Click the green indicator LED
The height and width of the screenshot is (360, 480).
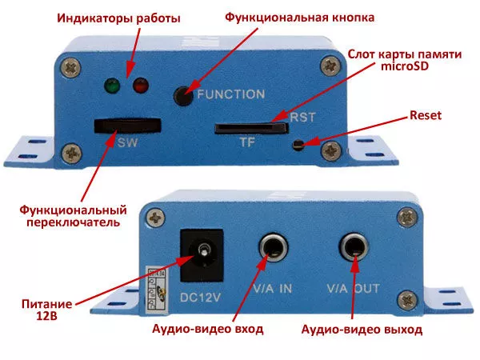[112, 86]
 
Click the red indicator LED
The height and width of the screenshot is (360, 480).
[141, 86]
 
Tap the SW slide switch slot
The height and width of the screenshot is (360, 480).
[128, 126]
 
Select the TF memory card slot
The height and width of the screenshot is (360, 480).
[251, 128]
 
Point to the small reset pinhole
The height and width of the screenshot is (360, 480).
[298, 145]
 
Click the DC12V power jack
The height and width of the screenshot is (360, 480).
[202, 256]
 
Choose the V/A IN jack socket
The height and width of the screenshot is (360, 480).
[274, 248]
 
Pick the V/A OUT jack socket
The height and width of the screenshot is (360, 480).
[354, 247]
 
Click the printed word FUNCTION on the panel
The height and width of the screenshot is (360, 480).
[231, 94]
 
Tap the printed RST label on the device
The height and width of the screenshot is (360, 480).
[302, 118]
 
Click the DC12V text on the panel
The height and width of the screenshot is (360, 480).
[200, 298]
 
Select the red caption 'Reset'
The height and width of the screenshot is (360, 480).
[426, 115]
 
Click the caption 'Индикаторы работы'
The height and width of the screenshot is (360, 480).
[118, 18]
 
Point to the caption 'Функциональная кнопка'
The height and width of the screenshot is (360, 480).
[300, 18]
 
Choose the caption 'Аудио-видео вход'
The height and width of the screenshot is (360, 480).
[208, 329]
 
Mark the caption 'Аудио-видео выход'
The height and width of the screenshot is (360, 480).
[362, 330]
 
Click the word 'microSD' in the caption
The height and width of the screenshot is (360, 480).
[405, 66]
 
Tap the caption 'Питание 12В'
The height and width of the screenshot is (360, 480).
[47, 310]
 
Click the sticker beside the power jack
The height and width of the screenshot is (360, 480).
[157, 291]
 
